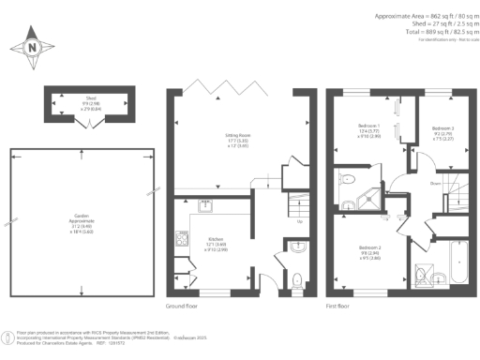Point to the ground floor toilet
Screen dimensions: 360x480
tap(296, 278)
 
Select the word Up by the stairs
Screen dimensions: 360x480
tap(298, 223)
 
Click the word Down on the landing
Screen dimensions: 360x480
tap(410, 185)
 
